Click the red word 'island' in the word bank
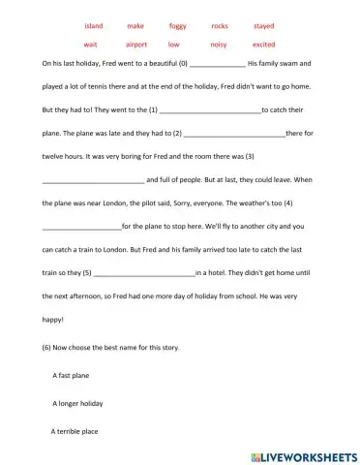click(94, 26)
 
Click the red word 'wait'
click(91, 45)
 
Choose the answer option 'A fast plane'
click(73, 373)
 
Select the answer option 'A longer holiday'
click(77, 402)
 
